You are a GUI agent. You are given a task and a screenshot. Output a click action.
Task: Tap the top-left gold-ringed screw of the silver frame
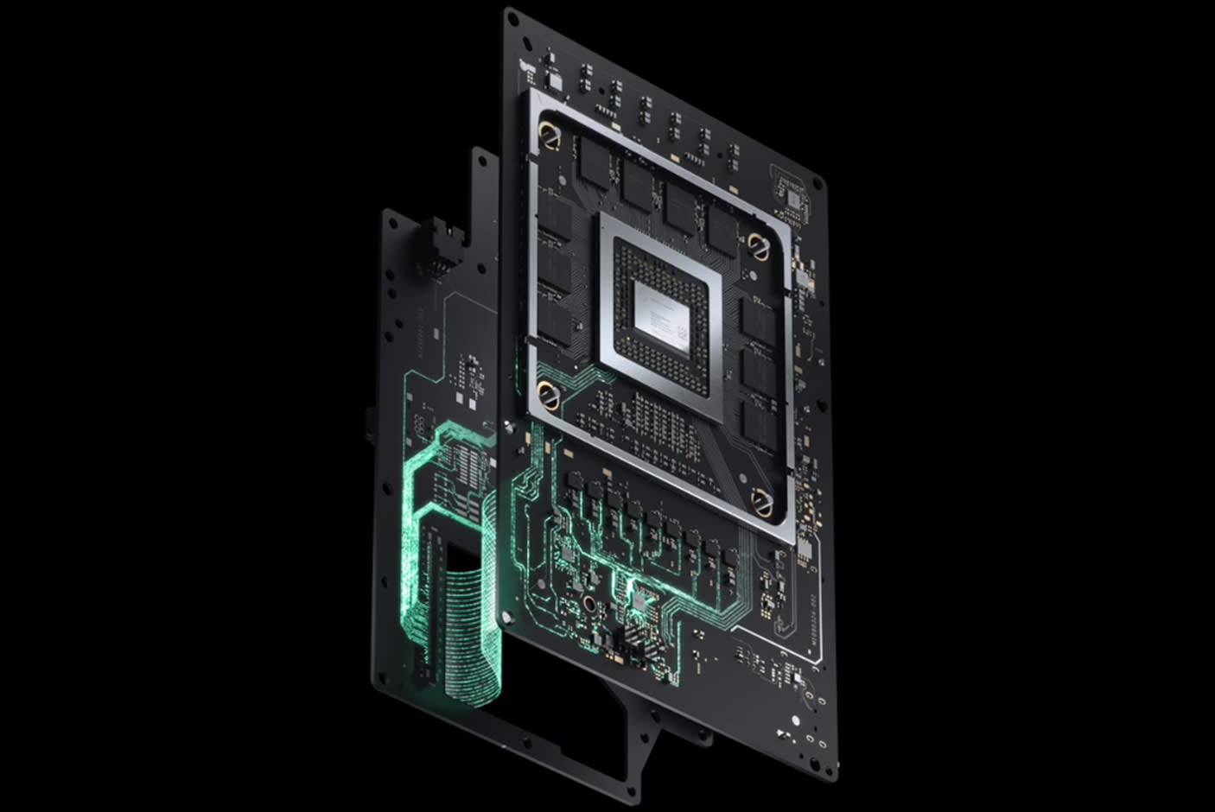coord(548,134)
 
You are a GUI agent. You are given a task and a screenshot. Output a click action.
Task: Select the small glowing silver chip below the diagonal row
coord(640,596)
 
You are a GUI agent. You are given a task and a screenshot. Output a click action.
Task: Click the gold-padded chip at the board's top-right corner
coord(792,197)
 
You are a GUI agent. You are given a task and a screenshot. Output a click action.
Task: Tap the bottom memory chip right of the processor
coord(758,423)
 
